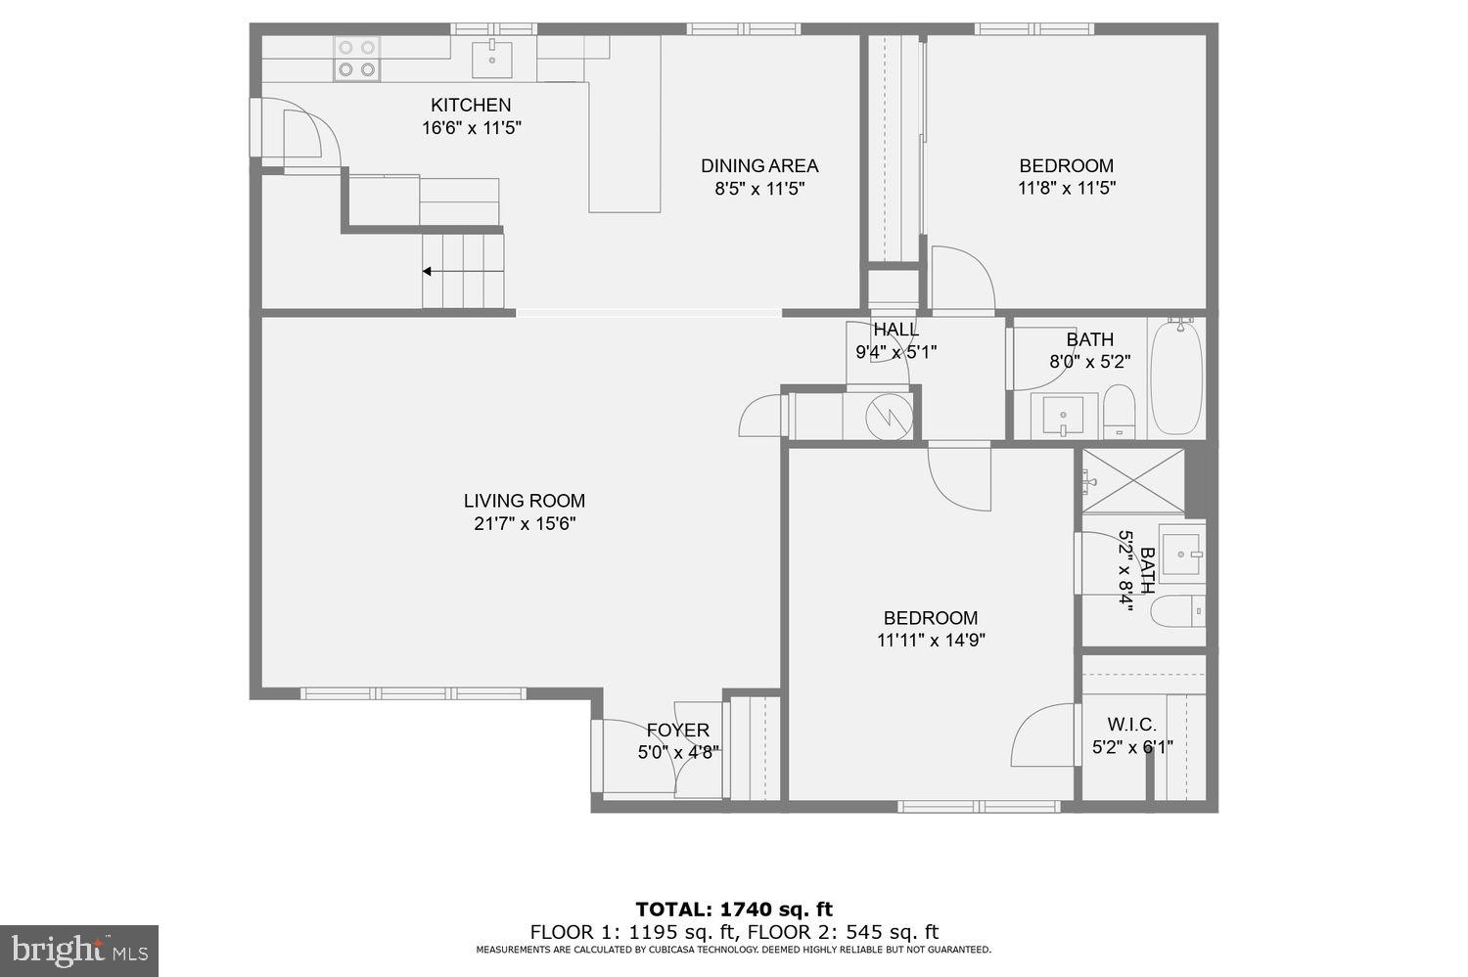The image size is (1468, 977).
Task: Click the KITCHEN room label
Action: click(471, 106)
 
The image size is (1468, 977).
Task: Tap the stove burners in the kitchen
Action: click(356, 58)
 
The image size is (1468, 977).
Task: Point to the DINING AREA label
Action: click(758, 166)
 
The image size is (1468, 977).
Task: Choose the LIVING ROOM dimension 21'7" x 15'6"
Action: click(525, 524)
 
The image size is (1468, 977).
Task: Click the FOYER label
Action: click(677, 731)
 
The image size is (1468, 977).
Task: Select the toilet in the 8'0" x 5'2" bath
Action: click(1118, 411)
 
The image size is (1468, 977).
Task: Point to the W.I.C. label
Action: click(1131, 725)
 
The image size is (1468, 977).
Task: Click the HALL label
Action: click(895, 330)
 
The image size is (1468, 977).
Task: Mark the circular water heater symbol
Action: click(889, 417)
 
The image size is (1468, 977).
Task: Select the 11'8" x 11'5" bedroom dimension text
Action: click(1066, 188)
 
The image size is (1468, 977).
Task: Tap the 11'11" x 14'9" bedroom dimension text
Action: click(930, 641)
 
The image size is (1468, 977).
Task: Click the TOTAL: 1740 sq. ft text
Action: click(734, 910)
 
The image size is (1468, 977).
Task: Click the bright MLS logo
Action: click(78, 950)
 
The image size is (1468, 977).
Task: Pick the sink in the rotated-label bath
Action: click(1181, 554)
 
